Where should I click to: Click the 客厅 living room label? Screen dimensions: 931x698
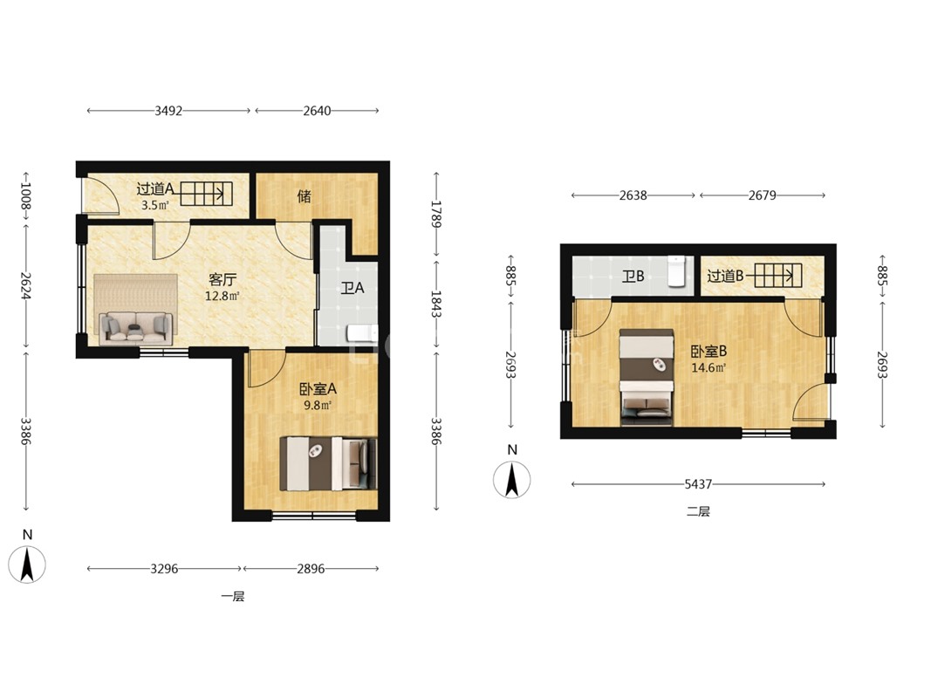coord(222,279)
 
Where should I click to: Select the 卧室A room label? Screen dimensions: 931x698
coord(318,389)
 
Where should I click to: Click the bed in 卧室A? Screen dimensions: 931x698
coord(328,463)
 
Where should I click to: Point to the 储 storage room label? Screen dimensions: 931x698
coord(304,195)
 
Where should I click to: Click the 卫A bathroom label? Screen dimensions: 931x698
coord(353,289)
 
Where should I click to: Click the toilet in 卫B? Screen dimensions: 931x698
coord(676,271)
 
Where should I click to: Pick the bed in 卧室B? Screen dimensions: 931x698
coord(646,378)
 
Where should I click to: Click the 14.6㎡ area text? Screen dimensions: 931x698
coord(708,368)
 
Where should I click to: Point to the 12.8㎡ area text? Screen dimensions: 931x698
coord(222,296)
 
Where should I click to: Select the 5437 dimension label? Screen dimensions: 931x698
coord(698,484)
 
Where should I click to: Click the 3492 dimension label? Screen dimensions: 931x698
coord(168,111)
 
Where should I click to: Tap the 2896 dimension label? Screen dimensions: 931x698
coord(311,569)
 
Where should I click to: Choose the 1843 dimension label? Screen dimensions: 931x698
coord(435,305)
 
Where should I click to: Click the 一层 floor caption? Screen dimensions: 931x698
coord(233,597)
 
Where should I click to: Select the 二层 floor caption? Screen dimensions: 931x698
coord(698,511)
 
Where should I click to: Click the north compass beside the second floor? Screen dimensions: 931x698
coord(512,480)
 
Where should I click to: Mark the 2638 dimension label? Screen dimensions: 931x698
coord(633,195)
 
